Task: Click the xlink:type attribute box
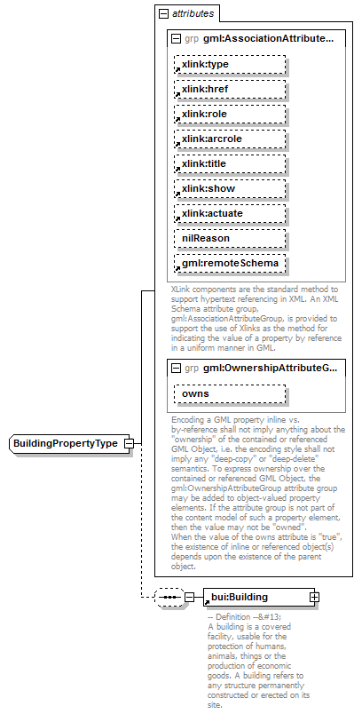pyautogui.click(x=229, y=64)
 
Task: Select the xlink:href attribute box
pyautogui.click(x=229, y=89)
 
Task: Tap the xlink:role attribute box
pyautogui.click(x=229, y=114)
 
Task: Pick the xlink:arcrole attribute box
pyautogui.click(x=229, y=139)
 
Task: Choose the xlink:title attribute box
pyautogui.click(x=229, y=163)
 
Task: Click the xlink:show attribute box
pyautogui.click(x=229, y=188)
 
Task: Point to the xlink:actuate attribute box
pyautogui.click(x=229, y=213)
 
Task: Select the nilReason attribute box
pyautogui.click(x=229, y=238)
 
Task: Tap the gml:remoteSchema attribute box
pyautogui.click(x=229, y=263)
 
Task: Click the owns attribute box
pyautogui.click(x=229, y=393)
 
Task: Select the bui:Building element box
pyautogui.click(x=257, y=597)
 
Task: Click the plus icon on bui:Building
pyautogui.click(x=315, y=597)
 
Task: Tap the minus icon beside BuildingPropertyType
pyautogui.click(x=130, y=443)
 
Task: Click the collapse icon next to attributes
pyautogui.click(x=162, y=14)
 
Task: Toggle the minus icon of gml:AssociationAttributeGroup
pyautogui.click(x=176, y=39)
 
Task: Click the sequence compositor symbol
pyautogui.click(x=169, y=597)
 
